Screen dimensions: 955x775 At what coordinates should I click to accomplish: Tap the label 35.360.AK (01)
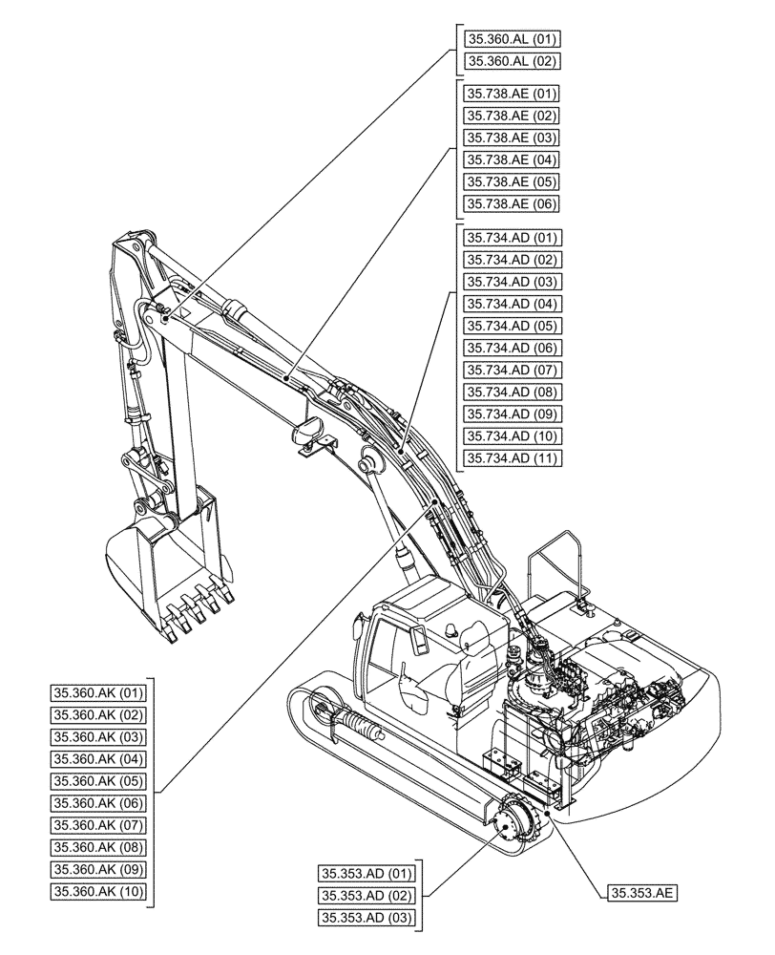[98, 692]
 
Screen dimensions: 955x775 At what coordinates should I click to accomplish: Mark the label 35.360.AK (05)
[98, 780]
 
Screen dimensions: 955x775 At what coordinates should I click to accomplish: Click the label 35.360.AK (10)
[98, 891]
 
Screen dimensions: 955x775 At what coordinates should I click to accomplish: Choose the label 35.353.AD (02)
[367, 895]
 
